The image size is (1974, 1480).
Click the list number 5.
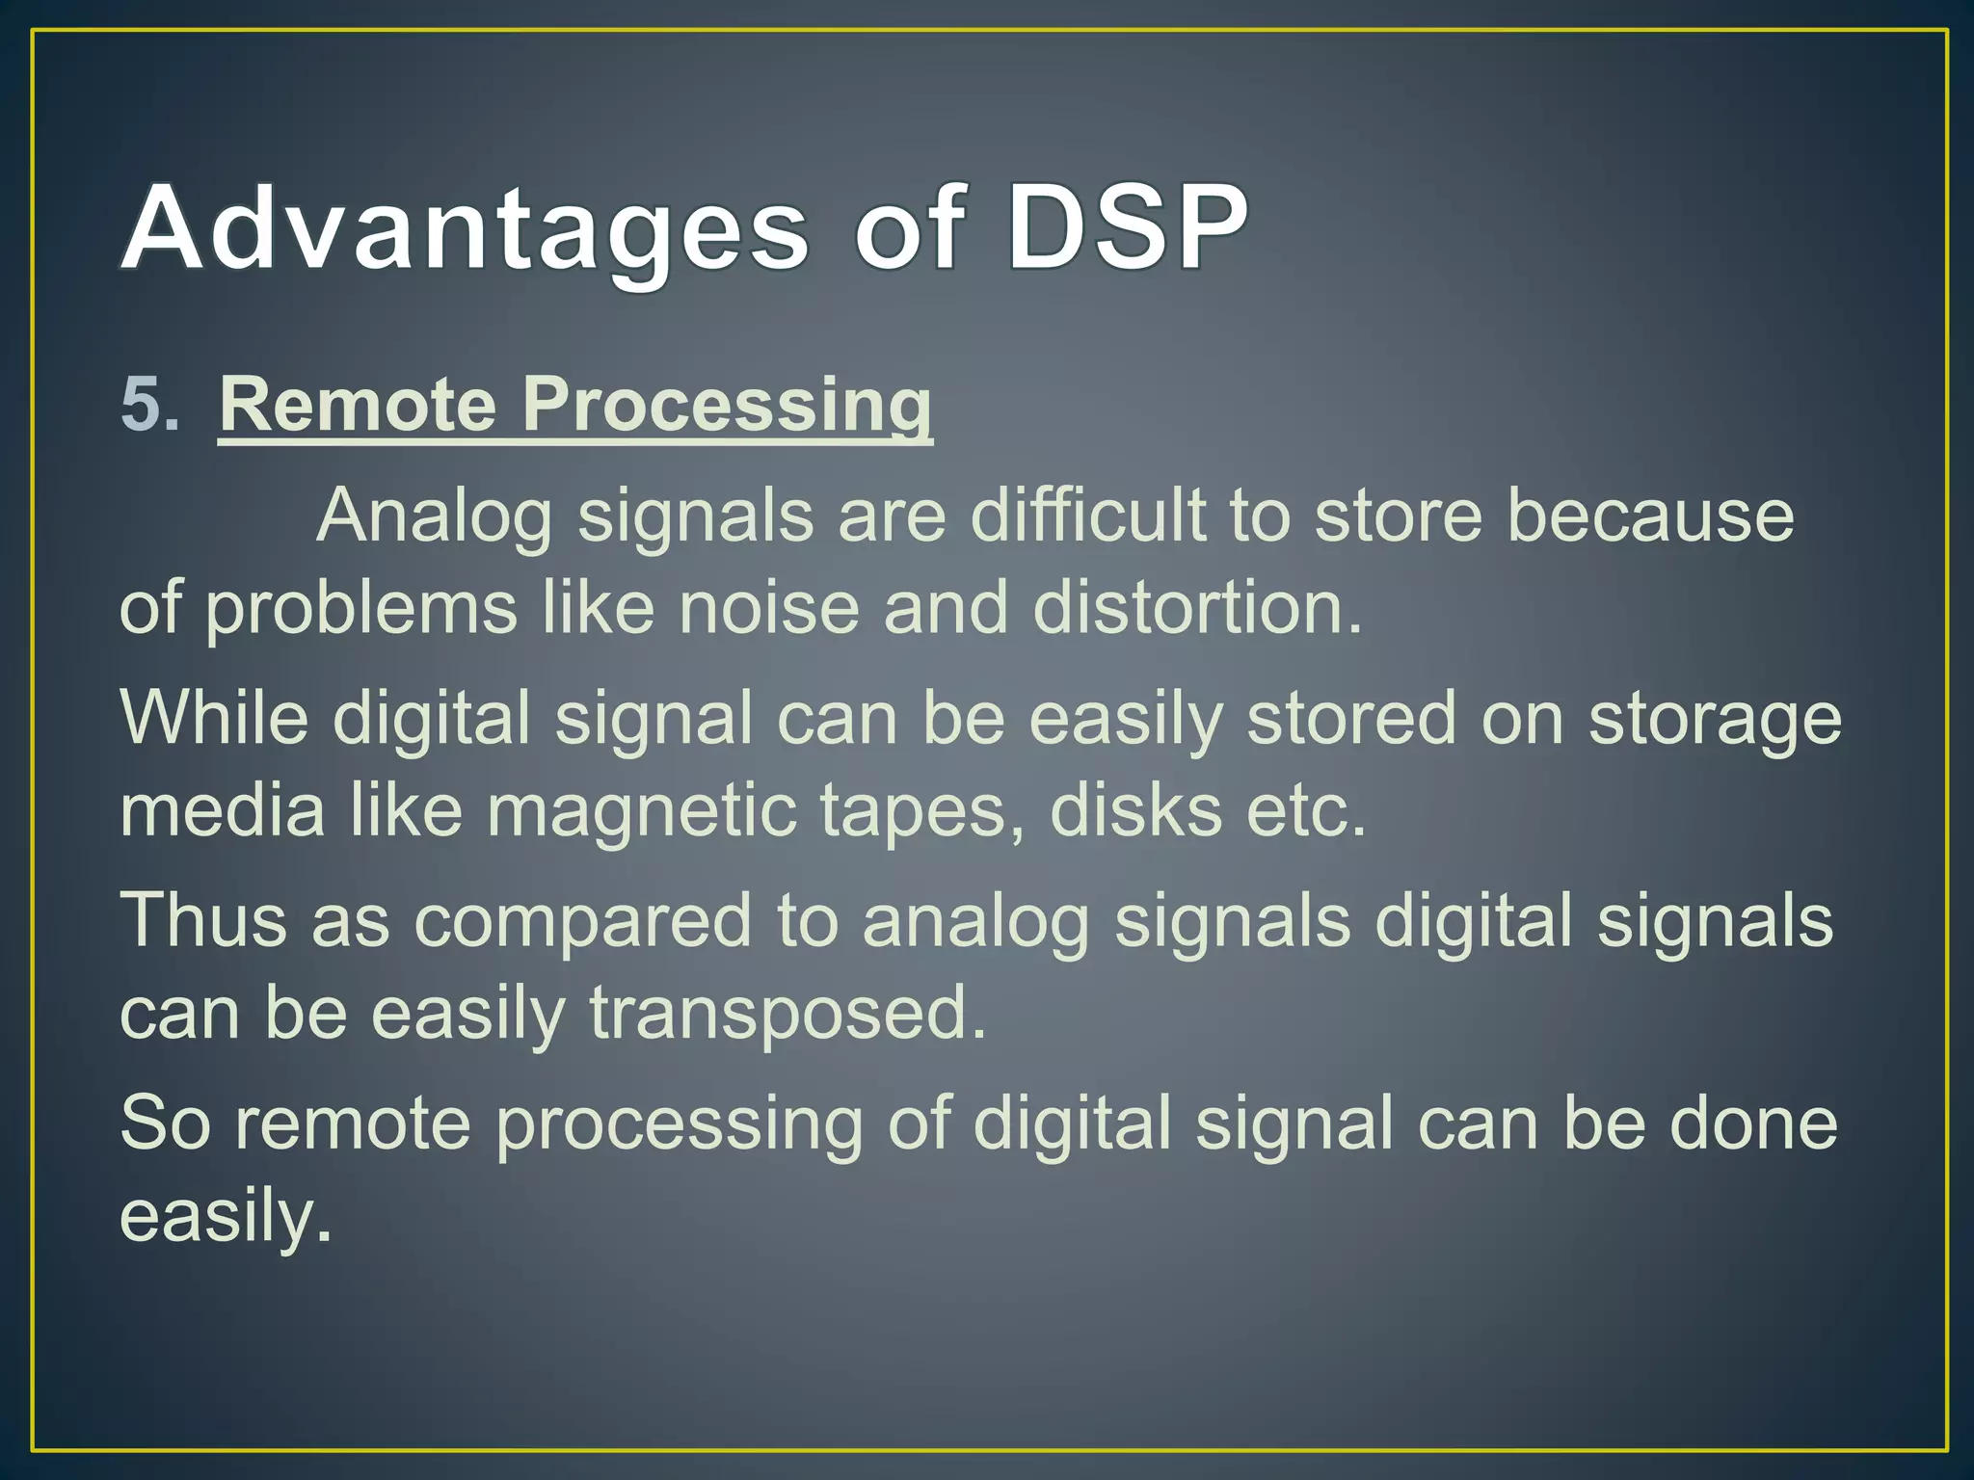point(149,405)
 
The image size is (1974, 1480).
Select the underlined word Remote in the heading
point(358,405)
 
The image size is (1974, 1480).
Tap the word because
point(1649,515)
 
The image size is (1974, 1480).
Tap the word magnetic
point(641,811)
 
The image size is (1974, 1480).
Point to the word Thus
point(202,920)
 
